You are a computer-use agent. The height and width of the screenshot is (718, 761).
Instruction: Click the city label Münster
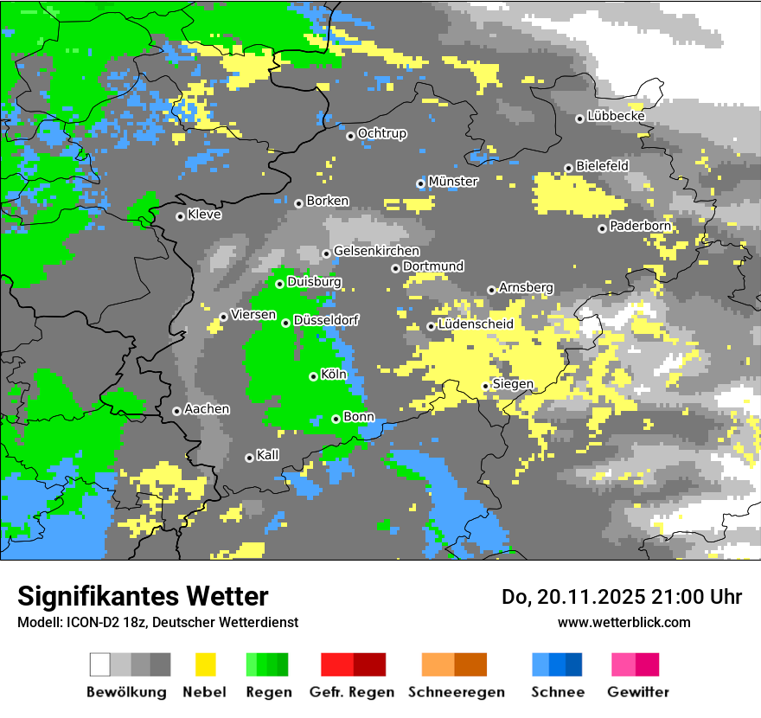point(453,182)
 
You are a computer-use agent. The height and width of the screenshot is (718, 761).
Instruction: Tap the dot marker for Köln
point(313,376)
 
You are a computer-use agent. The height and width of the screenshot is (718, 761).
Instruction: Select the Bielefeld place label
point(603,165)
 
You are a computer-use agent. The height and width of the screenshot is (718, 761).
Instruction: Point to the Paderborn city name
point(640,227)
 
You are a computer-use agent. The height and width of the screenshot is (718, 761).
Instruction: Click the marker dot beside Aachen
point(176,411)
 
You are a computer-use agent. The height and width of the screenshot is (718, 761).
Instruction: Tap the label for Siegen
point(513,384)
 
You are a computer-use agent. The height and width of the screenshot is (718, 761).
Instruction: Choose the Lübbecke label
point(617,116)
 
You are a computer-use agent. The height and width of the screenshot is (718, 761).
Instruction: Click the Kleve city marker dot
point(180,216)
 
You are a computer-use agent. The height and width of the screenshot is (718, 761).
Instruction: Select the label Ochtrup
point(382,133)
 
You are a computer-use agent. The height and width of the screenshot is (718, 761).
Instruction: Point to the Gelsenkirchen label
point(376,251)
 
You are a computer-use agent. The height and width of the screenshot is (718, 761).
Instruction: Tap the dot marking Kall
point(249,458)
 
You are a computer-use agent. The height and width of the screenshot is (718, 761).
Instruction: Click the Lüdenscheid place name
point(476,324)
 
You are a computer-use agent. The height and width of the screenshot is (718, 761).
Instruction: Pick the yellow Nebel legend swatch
point(205,664)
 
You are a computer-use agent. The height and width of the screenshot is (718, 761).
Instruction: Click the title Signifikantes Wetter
point(143,596)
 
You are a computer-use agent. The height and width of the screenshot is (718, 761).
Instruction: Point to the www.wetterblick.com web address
point(624,623)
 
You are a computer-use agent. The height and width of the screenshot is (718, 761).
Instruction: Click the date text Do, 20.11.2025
point(579,597)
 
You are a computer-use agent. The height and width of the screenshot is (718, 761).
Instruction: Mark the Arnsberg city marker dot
point(491,290)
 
